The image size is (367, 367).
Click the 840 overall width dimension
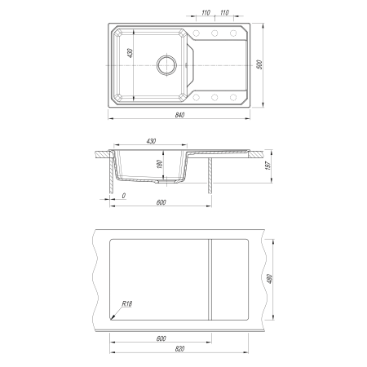(179, 115)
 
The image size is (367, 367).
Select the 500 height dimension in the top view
(260, 64)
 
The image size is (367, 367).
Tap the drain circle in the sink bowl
(166, 65)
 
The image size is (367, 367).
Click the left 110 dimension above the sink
(206, 12)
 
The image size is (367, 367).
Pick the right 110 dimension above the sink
(224, 12)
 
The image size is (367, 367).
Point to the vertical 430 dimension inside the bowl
(130, 53)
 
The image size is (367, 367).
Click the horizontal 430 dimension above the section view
(151, 141)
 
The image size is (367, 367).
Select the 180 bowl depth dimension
(160, 164)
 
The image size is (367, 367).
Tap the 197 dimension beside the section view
(268, 166)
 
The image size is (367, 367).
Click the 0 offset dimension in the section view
(124, 196)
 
